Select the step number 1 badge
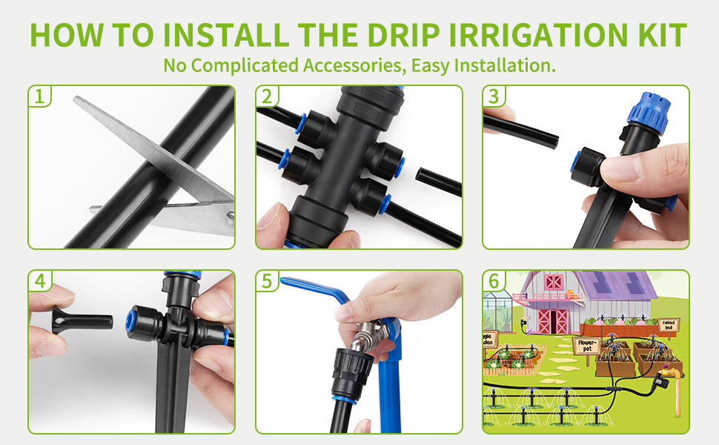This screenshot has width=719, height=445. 39,96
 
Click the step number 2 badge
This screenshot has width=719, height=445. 267,96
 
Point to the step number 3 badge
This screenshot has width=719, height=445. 494,96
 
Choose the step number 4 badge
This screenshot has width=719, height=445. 39,280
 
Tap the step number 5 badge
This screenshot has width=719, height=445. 267,280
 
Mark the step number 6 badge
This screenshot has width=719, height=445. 494,280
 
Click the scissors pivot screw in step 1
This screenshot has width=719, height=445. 231,214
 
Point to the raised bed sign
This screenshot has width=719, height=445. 668,324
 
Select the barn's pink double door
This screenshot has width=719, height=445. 554,320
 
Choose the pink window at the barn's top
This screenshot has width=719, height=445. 554,281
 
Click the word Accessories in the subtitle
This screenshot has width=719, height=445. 353,65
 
